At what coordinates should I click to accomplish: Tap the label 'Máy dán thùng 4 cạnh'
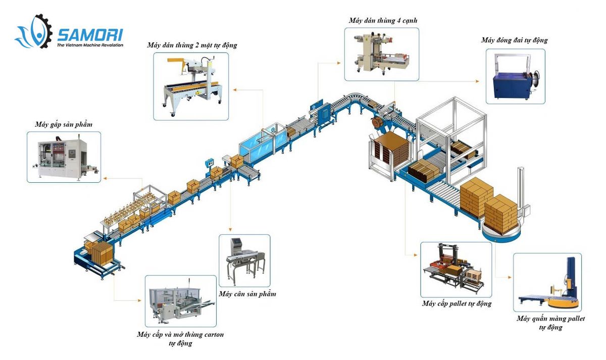(x=382, y=21)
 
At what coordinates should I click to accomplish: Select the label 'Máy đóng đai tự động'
(x=514, y=40)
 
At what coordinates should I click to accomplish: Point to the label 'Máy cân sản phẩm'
(x=247, y=294)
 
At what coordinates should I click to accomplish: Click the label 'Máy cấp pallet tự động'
(x=457, y=304)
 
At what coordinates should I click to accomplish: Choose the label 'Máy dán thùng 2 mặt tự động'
(x=192, y=45)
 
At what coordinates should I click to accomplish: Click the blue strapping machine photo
(x=515, y=77)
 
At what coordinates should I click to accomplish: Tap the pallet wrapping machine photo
(x=547, y=283)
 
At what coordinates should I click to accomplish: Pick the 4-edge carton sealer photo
(x=381, y=54)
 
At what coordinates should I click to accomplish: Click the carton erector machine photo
(x=180, y=301)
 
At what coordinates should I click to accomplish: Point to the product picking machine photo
(x=64, y=157)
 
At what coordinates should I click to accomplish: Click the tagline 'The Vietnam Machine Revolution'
(x=90, y=45)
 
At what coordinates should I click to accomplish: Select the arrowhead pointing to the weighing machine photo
(x=230, y=230)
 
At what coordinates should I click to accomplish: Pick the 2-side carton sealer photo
(x=191, y=86)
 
